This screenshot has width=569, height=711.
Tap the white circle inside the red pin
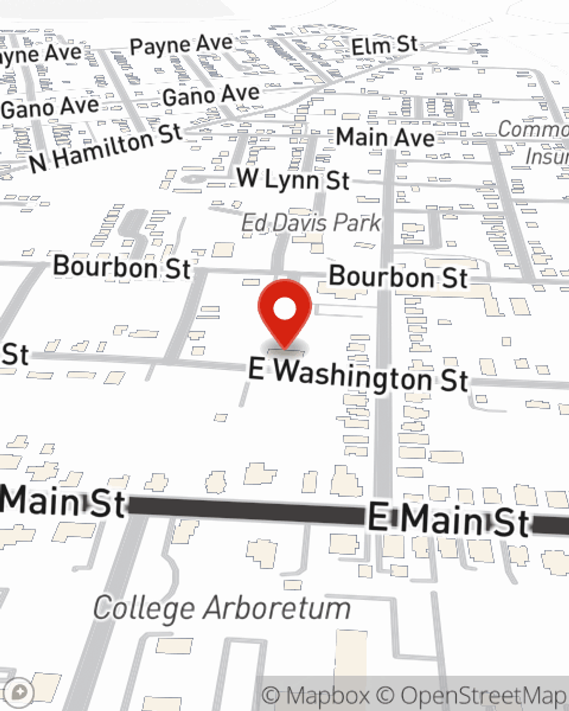(284, 309)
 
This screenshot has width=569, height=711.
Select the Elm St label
(385, 46)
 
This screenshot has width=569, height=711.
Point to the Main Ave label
(385, 137)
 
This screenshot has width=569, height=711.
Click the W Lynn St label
(293, 179)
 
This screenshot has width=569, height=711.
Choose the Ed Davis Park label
(311, 222)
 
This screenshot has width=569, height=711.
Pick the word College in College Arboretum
(144, 607)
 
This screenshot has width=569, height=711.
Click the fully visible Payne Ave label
(181, 45)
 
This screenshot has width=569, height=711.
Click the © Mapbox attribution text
(316, 695)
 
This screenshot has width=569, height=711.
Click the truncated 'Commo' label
(533, 130)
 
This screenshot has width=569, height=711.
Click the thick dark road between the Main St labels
(245, 510)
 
